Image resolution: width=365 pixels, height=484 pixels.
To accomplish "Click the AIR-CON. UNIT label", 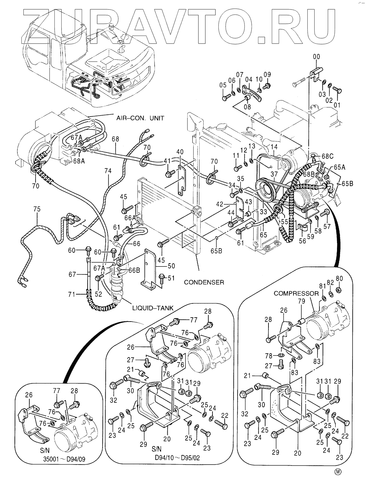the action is click(x=140, y=118).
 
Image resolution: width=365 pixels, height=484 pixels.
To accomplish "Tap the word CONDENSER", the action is click(x=204, y=282).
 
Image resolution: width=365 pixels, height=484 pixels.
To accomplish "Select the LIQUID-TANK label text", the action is click(x=153, y=308).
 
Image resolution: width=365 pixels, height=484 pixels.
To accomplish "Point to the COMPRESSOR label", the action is click(x=296, y=294).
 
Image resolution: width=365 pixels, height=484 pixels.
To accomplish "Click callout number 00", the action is click(x=316, y=57).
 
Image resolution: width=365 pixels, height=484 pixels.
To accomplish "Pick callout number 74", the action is click(x=108, y=171).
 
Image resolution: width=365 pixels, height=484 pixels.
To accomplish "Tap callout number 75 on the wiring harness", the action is click(x=37, y=209).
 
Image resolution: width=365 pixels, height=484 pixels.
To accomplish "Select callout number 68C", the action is click(x=327, y=156).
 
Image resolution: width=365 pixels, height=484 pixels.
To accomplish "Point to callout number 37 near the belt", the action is click(x=274, y=174).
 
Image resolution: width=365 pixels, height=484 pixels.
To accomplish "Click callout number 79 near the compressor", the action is click(x=301, y=301).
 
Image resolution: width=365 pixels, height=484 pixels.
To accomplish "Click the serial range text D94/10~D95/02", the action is click(x=177, y=458).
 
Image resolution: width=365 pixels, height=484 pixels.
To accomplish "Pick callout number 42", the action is click(x=220, y=204).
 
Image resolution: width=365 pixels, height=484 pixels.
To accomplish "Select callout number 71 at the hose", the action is click(x=72, y=294).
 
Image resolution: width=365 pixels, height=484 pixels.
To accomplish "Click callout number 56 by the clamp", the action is click(x=302, y=241).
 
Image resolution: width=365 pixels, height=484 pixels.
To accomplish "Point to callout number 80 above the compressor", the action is click(x=339, y=278).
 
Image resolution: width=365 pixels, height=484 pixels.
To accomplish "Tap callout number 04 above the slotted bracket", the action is click(x=249, y=79).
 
